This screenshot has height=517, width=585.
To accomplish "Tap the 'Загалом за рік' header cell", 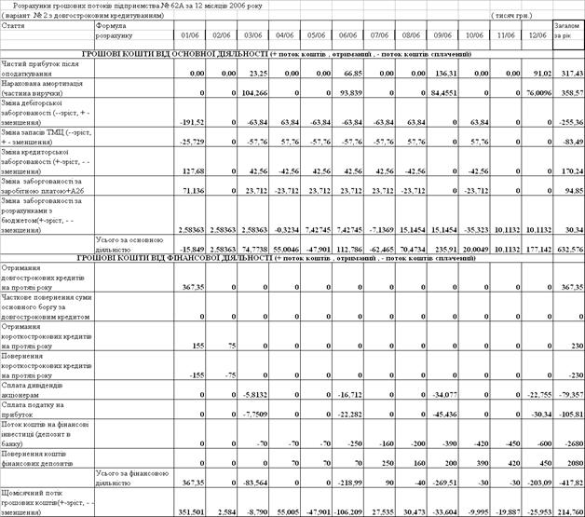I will tap(567, 32).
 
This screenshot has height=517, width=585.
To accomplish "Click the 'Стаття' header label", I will tap(13, 27).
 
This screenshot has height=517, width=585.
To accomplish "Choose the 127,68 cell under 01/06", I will tap(191, 170).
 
